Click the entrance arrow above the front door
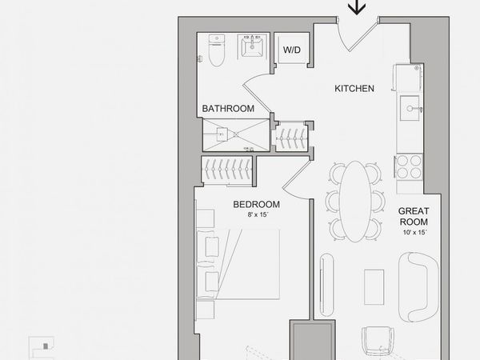(357, 7)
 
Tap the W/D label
(292, 50)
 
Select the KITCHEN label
(354, 89)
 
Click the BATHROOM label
(228, 108)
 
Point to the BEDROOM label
(257, 204)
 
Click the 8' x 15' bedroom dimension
(258, 215)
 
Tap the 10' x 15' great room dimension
(414, 232)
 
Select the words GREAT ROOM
(414, 217)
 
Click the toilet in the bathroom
(217, 50)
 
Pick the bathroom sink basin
(252, 46)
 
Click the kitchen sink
(410, 108)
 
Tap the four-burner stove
(410, 167)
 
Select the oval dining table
(355, 201)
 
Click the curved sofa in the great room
(418, 287)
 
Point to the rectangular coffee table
(374, 287)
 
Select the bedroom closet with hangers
(227, 171)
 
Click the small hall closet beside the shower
(291, 137)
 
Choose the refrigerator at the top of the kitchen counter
(409, 78)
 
